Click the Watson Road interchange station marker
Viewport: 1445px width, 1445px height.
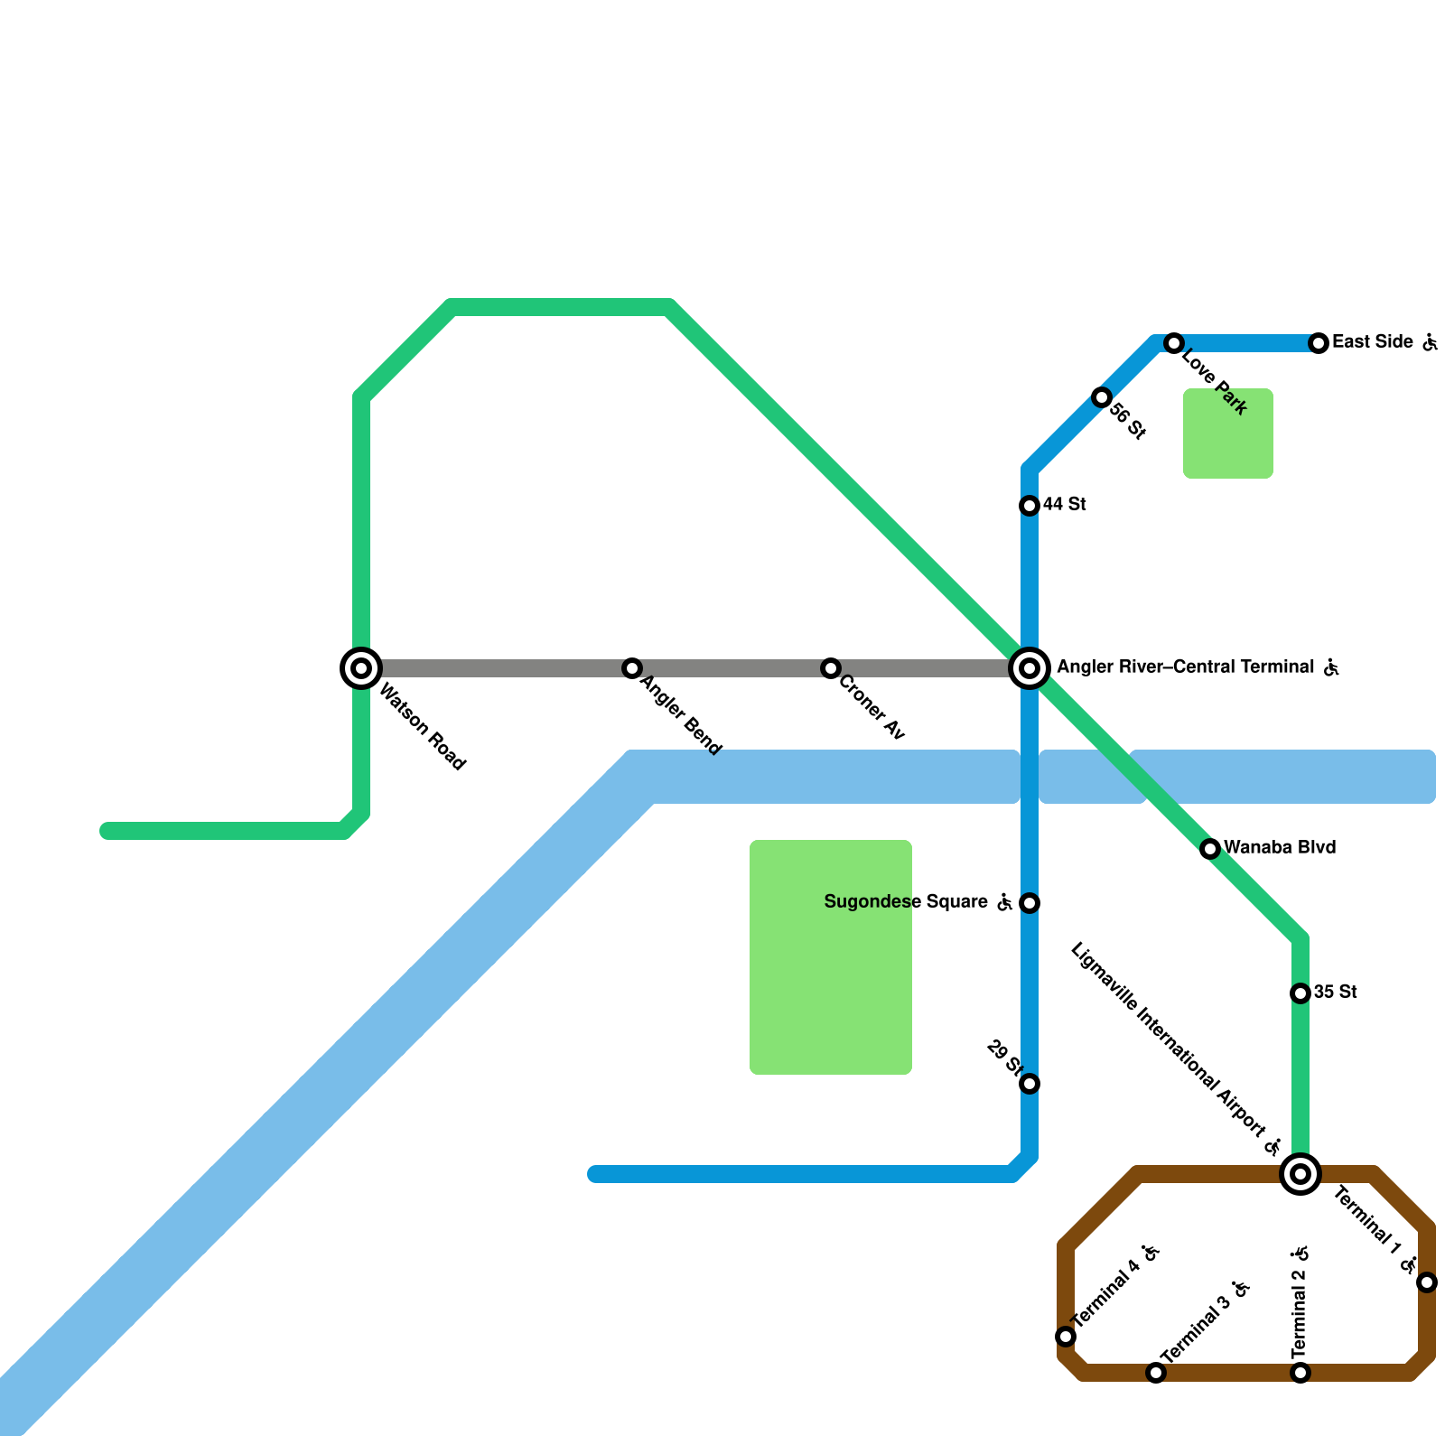(x=361, y=668)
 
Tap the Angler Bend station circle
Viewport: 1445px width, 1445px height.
(x=632, y=668)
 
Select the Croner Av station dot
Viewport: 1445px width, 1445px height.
(x=831, y=668)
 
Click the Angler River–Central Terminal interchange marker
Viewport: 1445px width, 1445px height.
(x=1030, y=668)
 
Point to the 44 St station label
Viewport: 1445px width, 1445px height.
(x=1064, y=505)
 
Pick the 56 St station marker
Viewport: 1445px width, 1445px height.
(x=1102, y=397)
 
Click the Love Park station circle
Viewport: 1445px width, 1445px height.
(x=1174, y=343)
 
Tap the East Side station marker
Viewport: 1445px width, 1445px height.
(x=1319, y=343)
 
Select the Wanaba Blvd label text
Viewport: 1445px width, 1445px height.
(x=1280, y=848)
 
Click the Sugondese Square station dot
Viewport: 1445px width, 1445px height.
(x=1030, y=903)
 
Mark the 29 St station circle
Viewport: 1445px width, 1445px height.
(x=1030, y=1084)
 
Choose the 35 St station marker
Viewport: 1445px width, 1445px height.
(x=1300, y=993)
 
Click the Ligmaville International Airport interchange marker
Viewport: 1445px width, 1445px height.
(x=1300, y=1174)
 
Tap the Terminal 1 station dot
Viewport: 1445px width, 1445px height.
(x=1427, y=1282)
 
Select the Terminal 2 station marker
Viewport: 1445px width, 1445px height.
(x=1300, y=1373)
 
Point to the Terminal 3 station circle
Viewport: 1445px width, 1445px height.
(x=1156, y=1373)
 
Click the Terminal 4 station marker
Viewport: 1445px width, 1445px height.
(x=1066, y=1337)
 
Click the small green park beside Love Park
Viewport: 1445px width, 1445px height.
(x=1228, y=433)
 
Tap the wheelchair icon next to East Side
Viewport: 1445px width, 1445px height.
(x=1429, y=342)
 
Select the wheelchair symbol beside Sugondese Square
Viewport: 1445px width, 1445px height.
(x=1004, y=902)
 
